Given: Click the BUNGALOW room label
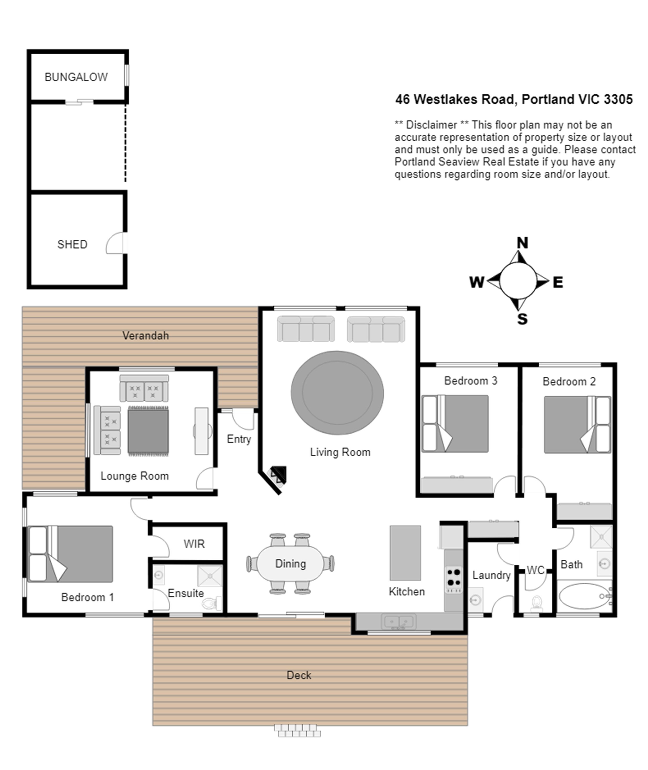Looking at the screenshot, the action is [76, 77].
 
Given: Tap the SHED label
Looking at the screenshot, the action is [72, 244].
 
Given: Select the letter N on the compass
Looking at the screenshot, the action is [522, 243].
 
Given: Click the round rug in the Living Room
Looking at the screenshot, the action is [337, 393].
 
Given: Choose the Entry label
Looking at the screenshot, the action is [239, 439].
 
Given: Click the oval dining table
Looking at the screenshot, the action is [290, 564].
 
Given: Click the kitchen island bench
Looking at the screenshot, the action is [405, 553].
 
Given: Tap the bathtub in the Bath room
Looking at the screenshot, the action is [585, 596].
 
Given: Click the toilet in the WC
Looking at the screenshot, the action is [537, 603].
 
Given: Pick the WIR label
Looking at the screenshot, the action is [194, 544].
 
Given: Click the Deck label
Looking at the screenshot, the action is [299, 675].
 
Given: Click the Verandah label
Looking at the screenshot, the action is [145, 336].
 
